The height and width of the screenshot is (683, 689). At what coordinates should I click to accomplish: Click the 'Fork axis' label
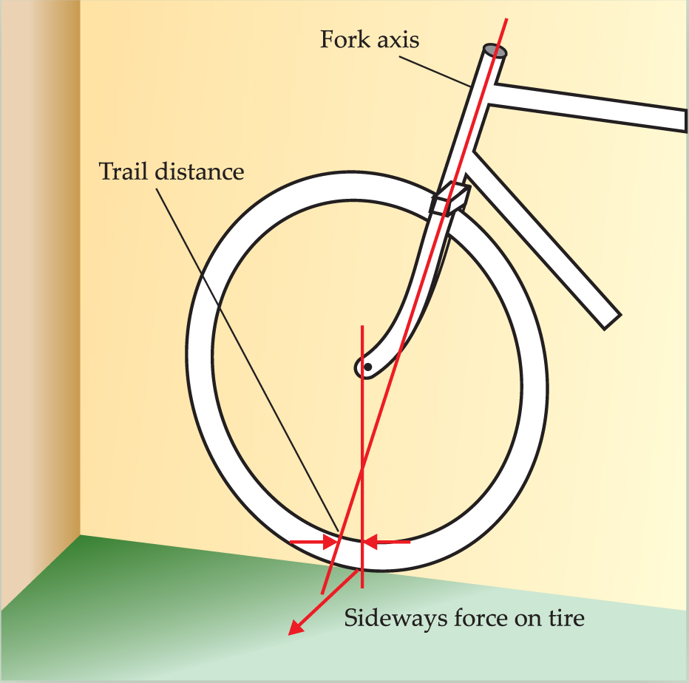(x=369, y=39)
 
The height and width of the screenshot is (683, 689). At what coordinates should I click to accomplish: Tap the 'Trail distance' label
(x=172, y=171)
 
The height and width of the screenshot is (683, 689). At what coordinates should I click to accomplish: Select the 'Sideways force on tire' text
(x=464, y=617)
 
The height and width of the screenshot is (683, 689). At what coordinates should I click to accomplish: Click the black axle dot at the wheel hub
(x=367, y=367)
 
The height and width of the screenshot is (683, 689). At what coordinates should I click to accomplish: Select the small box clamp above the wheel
(x=449, y=200)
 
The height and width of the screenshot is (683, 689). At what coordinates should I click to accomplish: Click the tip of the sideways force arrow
(x=290, y=633)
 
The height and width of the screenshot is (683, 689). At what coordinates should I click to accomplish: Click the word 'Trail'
(x=125, y=171)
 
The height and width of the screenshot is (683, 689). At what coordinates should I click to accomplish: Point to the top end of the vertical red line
(x=362, y=326)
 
